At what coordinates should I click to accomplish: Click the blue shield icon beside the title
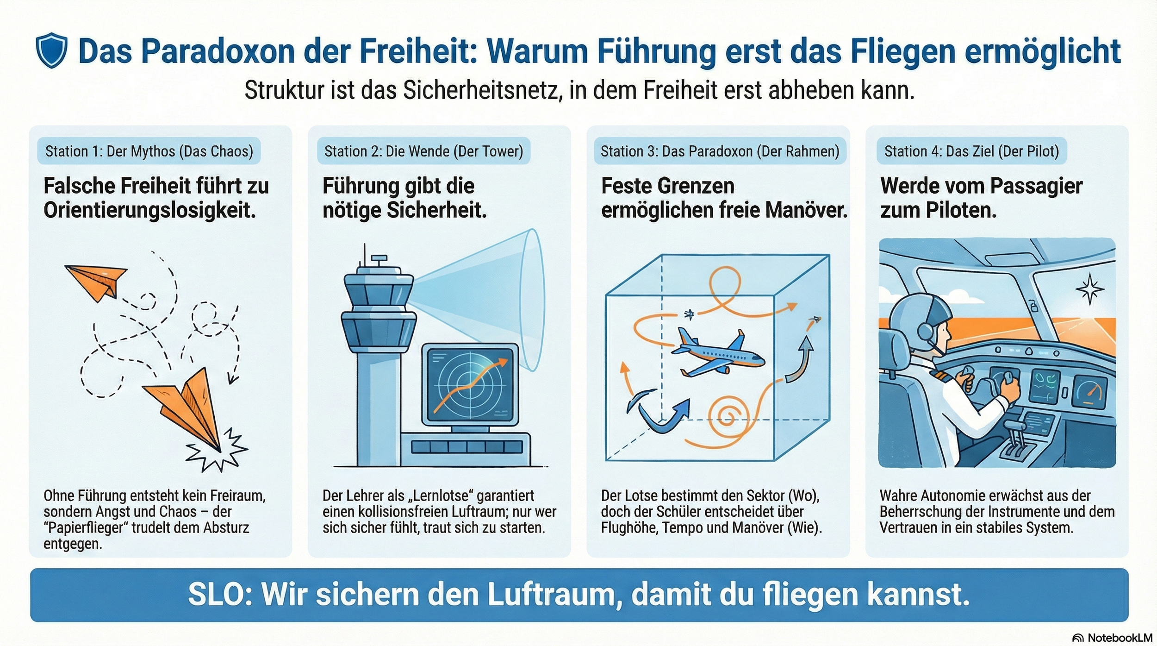click(51, 50)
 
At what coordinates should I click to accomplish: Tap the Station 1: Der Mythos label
click(149, 151)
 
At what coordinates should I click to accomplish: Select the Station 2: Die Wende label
click(423, 151)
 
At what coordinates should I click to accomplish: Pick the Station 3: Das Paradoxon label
click(720, 151)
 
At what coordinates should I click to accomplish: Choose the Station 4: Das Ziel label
click(971, 151)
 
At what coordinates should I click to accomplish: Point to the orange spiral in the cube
click(727, 414)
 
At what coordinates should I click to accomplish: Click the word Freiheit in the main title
click(417, 51)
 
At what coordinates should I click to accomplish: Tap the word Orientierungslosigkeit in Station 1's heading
click(149, 210)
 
